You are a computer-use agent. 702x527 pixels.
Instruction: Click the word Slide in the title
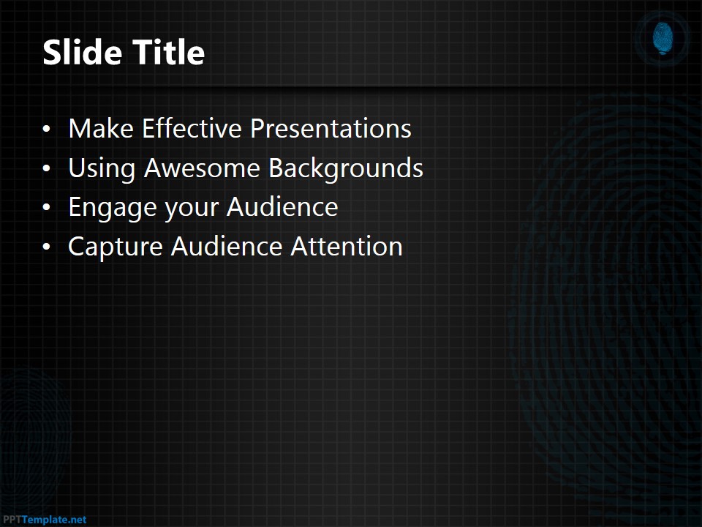tap(82, 53)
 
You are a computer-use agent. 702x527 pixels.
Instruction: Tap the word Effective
tap(192, 129)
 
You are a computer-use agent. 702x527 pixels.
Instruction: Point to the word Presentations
tap(331, 129)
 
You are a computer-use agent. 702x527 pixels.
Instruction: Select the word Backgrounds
tap(345, 168)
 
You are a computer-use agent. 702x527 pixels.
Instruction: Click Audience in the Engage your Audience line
tap(282, 207)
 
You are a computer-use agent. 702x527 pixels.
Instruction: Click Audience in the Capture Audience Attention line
tap(227, 247)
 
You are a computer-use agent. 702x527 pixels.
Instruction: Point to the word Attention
tap(347, 247)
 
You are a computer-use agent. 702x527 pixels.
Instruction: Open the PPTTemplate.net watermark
tap(44, 520)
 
